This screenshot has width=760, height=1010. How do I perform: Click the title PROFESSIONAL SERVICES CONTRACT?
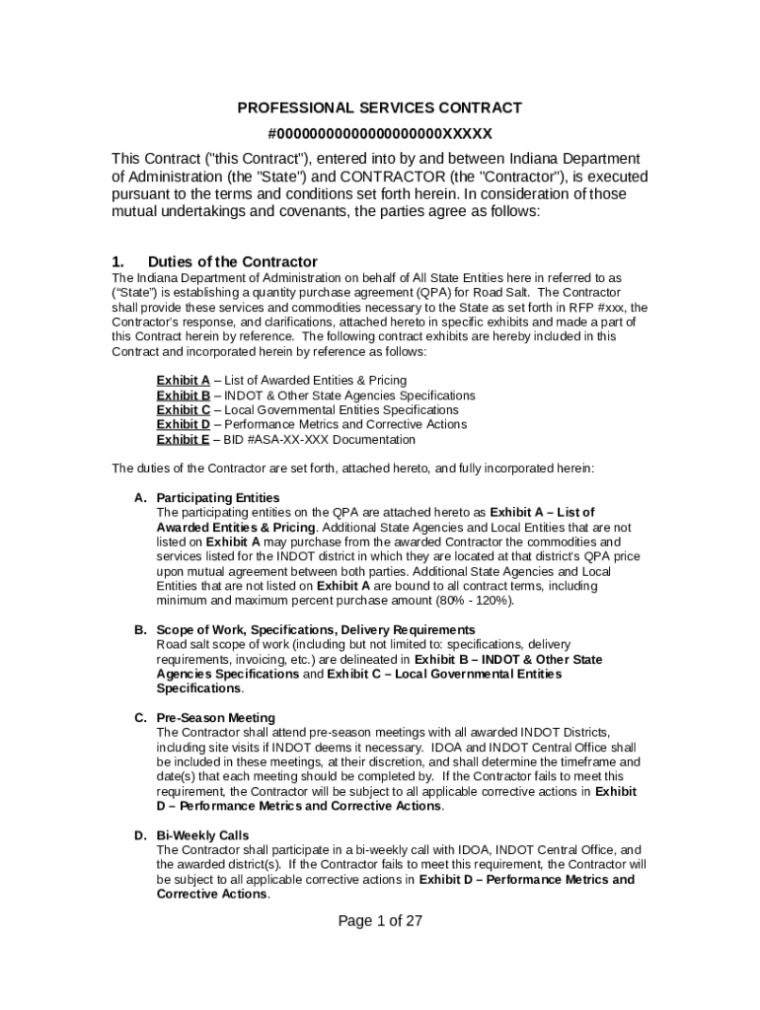coord(379,108)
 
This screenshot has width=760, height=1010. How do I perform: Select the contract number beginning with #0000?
coord(379,133)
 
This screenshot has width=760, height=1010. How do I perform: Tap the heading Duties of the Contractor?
coord(232,261)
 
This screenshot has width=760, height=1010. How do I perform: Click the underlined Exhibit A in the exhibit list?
coord(183,380)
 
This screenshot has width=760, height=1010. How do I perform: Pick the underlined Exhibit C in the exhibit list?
coord(183,409)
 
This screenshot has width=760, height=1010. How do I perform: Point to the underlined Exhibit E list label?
coord(183,439)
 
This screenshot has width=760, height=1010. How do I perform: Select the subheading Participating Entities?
coord(218,497)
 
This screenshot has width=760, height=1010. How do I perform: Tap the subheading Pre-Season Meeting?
coord(216,717)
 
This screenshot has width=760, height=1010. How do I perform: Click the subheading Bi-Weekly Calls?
coord(202,835)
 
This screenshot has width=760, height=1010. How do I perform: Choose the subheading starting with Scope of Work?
coord(316,629)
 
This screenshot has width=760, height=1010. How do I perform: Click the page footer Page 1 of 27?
coord(380,920)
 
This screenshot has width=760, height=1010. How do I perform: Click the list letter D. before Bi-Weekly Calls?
coord(141,835)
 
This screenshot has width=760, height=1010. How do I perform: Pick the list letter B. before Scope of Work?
coord(141,629)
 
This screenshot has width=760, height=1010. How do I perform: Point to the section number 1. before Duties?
coord(117,261)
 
